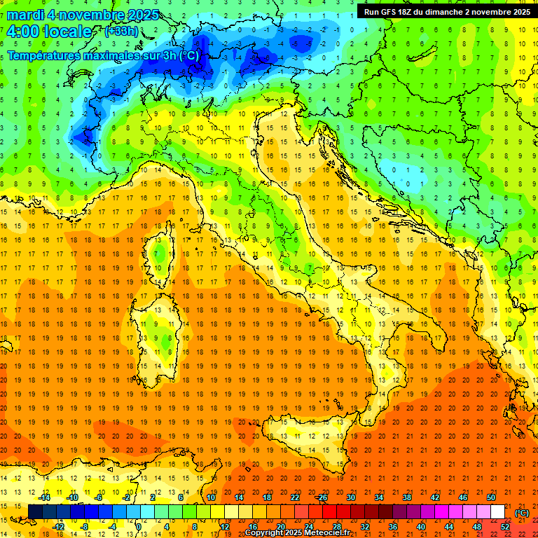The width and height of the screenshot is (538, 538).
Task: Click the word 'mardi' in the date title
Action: click(22, 15)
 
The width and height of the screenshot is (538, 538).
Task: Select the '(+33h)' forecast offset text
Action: click(120, 32)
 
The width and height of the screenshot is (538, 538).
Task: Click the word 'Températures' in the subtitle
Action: click(45, 55)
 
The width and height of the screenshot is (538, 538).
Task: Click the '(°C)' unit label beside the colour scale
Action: click(522, 513)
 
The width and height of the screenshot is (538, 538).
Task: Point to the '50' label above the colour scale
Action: click(490, 497)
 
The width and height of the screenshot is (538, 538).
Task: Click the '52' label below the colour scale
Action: click(505, 527)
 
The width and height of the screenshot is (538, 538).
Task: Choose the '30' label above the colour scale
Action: click(350, 497)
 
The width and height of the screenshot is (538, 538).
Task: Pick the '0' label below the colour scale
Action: click(139, 527)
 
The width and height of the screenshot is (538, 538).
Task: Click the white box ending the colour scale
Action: click(497, 512)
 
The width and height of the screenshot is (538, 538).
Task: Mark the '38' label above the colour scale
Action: click(406, 497)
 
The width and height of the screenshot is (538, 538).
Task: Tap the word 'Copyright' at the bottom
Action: click(265, 533)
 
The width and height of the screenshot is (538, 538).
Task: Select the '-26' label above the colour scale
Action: click(322, 497)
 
